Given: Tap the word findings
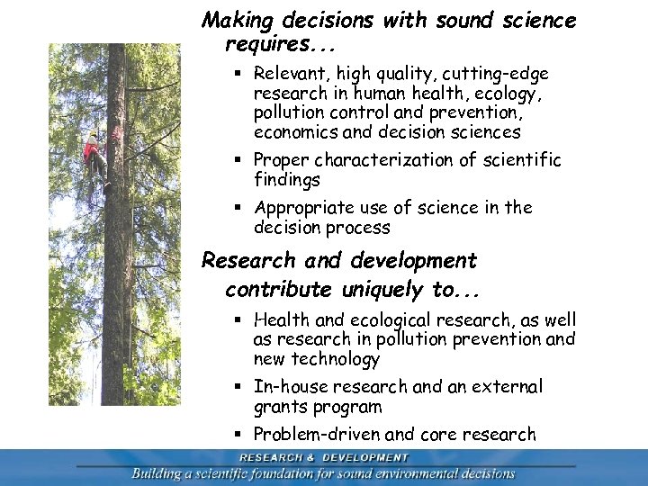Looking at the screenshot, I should coord(288,179).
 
